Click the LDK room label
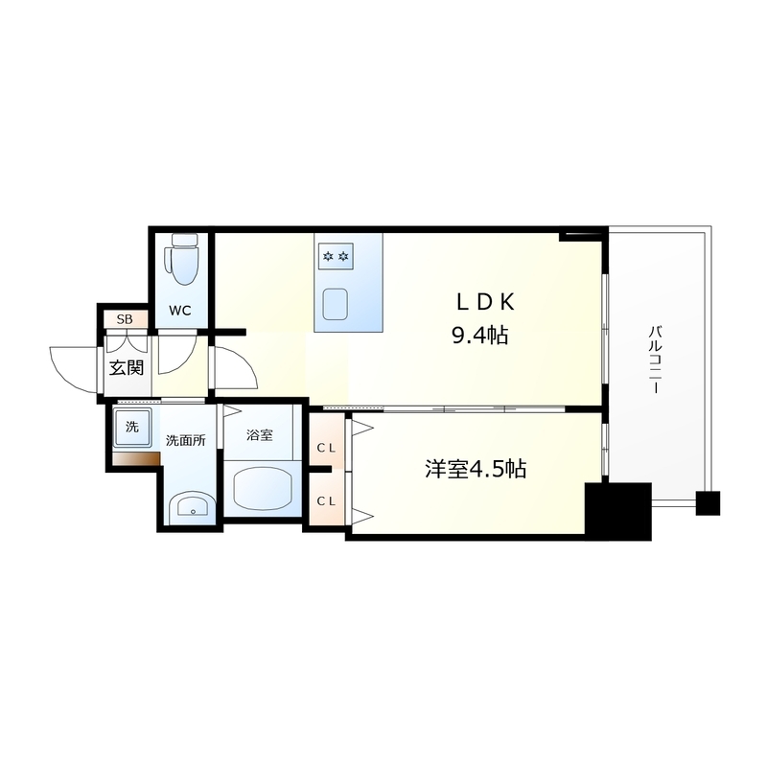click(x=485, y=303)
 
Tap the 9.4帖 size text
click(x=480, y=336)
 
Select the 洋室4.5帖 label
click(x=476, y=469)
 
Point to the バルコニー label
click(x=655, y=360)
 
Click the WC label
click(x=180, y=310)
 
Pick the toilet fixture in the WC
click(x=183, y=259)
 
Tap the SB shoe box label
click(x=125, y=320)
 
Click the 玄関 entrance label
click(x=127, y=368)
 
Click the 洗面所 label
click(x=185, y=440)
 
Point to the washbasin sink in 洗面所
click(x=191, y=508)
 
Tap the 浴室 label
click(x=259, y=434)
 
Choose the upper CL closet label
click(x=326, y=448)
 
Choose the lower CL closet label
click(x=326, y=500)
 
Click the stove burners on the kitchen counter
click(x=336, y=256)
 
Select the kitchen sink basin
click(x=335, y=304)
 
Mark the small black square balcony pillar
click(x=708, y=503)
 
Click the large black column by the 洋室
click(x=618, y=511)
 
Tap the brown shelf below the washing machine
click(x=136, y=458)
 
